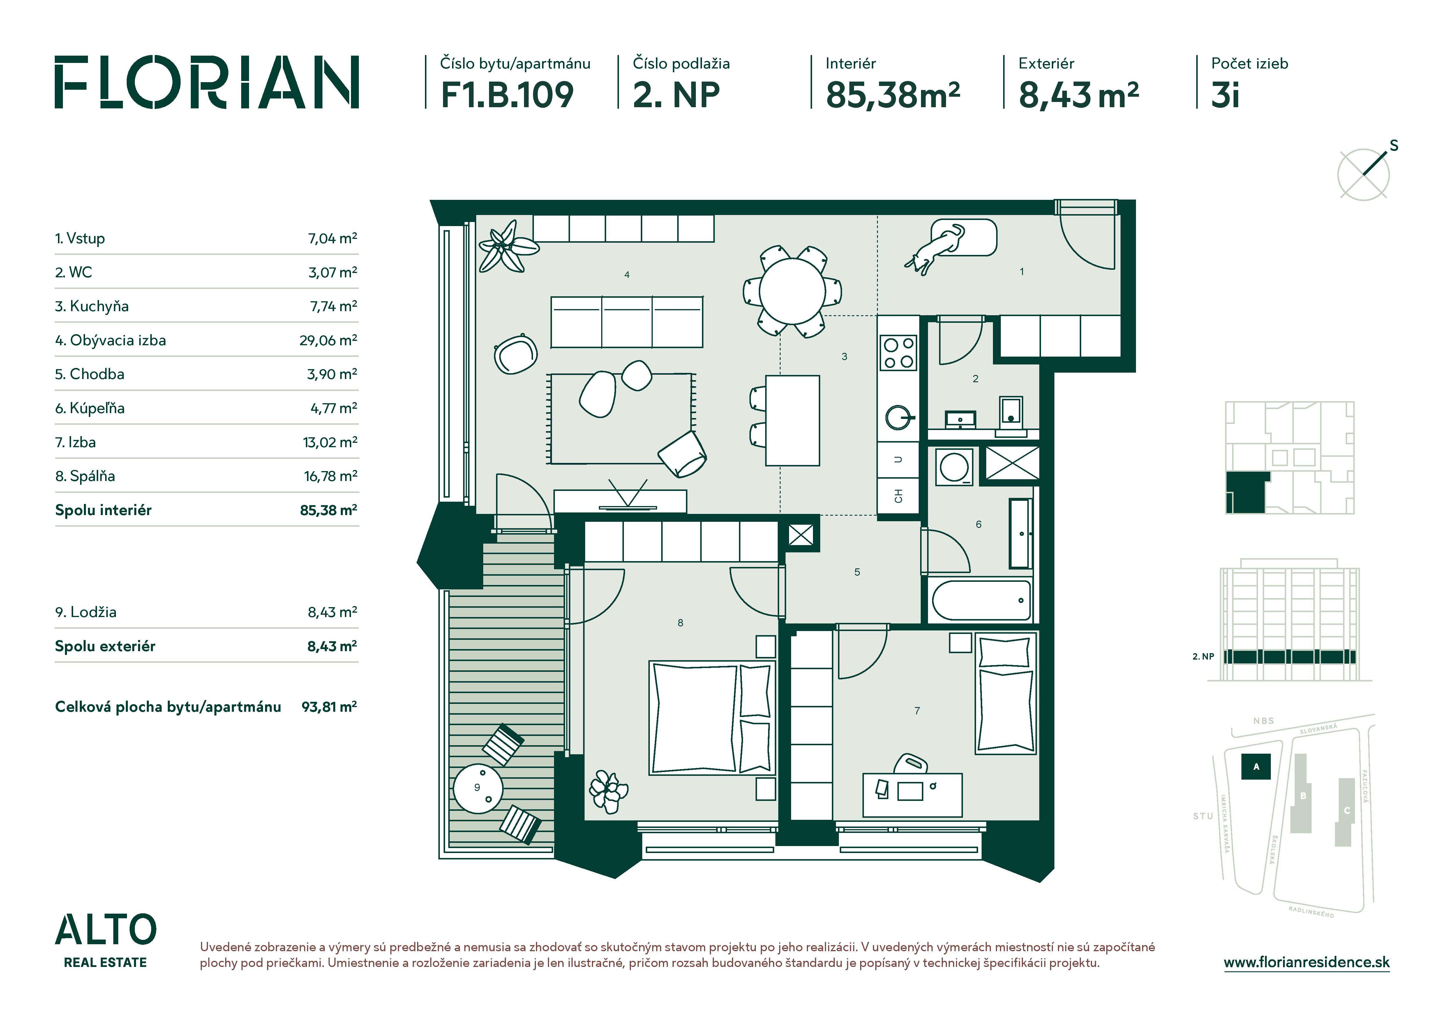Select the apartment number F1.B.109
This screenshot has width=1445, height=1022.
pos(507,95)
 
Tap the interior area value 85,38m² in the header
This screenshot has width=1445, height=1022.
pos(892,95)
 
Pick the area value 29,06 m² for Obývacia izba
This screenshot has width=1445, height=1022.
pos(328,341)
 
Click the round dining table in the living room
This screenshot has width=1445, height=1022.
pos(792,291)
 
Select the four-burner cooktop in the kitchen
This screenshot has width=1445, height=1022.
pos(899,353)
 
